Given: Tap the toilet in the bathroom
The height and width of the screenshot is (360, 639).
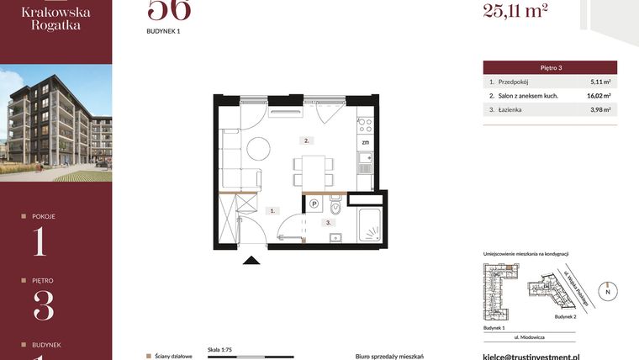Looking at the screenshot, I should pyautogui.click(x=335, y=206).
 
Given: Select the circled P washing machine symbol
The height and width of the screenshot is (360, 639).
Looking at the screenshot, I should pyautogui.click(x=314, y=203).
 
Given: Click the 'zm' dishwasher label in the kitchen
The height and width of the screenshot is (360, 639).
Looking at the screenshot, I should pyautogui.click(x=364, y=143).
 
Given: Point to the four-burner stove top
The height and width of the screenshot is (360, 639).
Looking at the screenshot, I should pyautogui.click(x=365, y=125).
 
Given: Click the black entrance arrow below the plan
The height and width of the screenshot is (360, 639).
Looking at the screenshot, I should pyautogui.click(x=250, y=261).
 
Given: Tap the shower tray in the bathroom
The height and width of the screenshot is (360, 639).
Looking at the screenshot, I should pyautogui.click(x=371, y=225).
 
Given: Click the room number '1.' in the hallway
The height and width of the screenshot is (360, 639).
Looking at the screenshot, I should pyautogui.click(x=273, y=211).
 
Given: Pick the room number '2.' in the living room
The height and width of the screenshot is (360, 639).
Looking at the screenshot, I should pyautogui.click(x=308, y=140).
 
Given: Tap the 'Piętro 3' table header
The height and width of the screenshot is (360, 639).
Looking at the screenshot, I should pyautogui.click(x=550, y=67).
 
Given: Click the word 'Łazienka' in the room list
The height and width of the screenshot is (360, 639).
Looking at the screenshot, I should pyautogui.click(x=515, y=109).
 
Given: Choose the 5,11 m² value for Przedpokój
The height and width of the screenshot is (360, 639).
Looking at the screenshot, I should pyautogui.click(x=600, y=82).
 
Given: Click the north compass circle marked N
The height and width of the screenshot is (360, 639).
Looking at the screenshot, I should pyautogui.click(x=610, y=291).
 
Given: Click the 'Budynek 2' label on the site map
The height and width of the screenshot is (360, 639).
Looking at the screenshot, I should pyautogui.click(x=567, y=318).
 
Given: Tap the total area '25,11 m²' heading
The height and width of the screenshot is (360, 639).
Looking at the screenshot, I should pyautogui.click(x=515, y=11).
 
